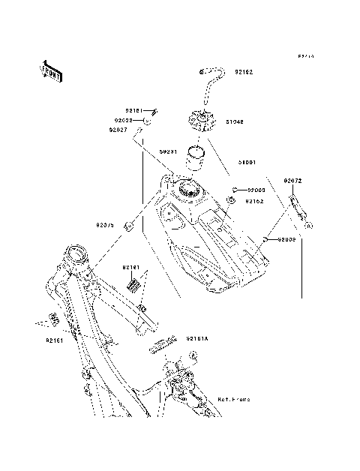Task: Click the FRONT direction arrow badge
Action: [x=50, y=69]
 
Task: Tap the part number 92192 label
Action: [x=243, y=73]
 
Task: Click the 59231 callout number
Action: [x=168, y=151]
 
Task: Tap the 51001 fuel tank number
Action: [x=247, y=161]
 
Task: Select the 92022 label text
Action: [x=124, y=120]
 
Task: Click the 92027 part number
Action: [x=118, y=130]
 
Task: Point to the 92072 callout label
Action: [x=292, y=181]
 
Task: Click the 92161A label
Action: [x=199, y=337]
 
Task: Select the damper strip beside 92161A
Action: [x=163, y=346]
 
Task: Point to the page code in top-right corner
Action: [x=305, y=56]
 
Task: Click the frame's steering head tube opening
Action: [x=76, y=253]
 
